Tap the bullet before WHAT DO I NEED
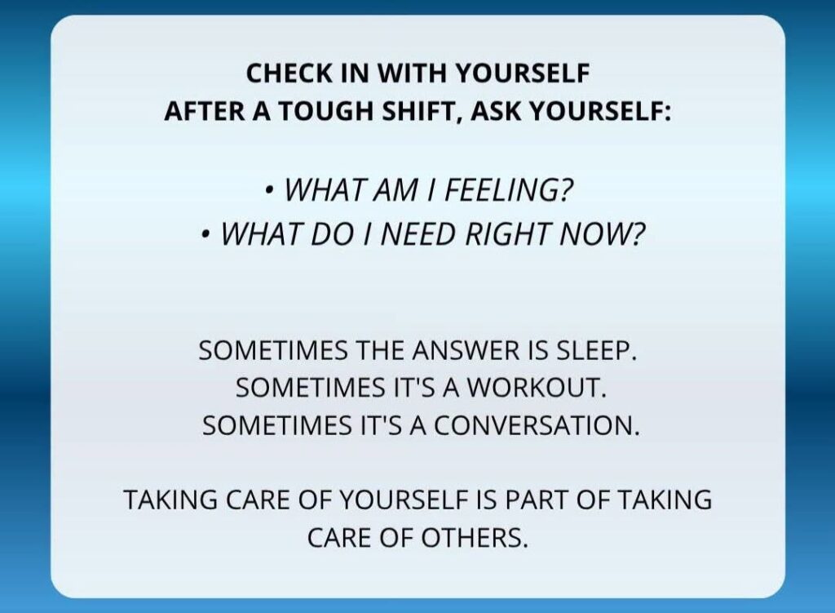205,234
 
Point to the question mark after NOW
638,233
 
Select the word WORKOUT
537,388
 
